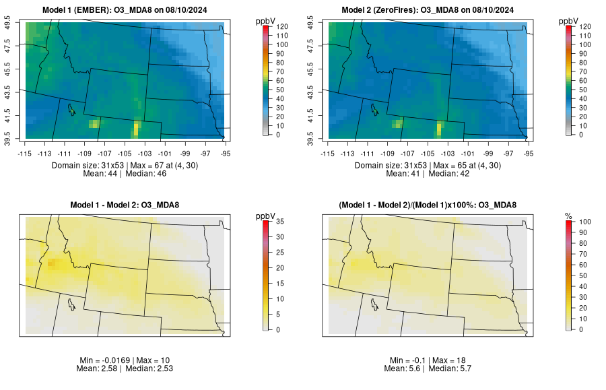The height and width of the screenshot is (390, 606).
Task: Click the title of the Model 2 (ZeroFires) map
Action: tap(430, 9)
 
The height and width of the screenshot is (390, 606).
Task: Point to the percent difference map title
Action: tap(430, 205)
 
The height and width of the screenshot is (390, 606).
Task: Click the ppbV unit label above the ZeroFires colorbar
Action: tap(568, 20)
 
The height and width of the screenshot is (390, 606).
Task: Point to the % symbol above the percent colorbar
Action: tap(568, 216)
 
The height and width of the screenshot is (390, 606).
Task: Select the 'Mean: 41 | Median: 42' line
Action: tap(429, 174)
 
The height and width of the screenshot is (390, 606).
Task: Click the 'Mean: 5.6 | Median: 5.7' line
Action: tap(429, 369)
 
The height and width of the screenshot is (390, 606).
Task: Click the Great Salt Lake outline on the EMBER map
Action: tap(71, 108)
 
